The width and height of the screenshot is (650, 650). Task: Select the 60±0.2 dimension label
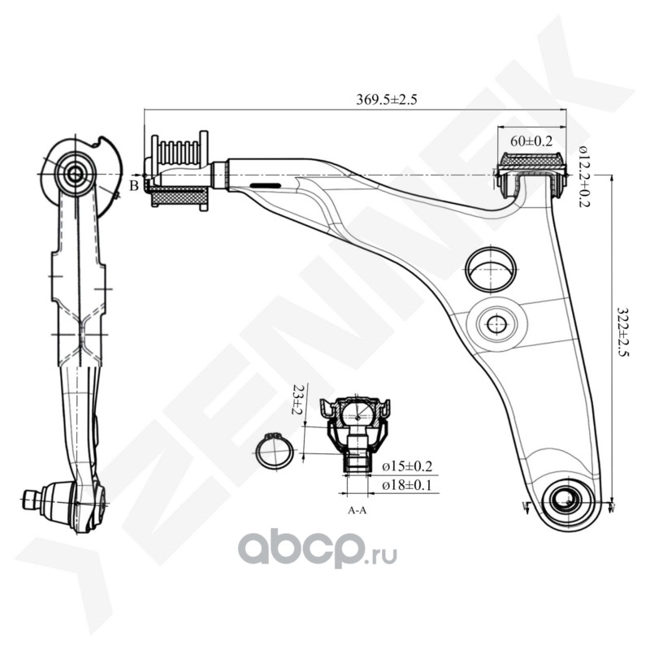(x=532, y=140)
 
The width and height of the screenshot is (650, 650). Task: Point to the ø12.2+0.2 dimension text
(x=584, y=175)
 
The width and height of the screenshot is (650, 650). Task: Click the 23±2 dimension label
(x=299, y=401)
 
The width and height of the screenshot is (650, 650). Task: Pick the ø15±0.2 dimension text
(x=407, y=466)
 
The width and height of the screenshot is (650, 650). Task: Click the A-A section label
(x=357, y=512)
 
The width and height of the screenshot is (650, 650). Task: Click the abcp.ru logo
(x=318, y=552)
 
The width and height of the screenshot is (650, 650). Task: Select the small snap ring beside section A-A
(x=274, y=451)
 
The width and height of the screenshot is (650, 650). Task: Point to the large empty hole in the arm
(x=491, y=267)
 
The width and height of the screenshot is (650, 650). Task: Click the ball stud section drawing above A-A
(x=357, y=431)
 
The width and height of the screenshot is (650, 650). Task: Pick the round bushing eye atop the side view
(x=76, y=171)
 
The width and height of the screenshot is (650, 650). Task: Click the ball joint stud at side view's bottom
(x=32, y=497)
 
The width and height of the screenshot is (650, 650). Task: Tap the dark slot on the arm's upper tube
(x=266, y=186)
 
